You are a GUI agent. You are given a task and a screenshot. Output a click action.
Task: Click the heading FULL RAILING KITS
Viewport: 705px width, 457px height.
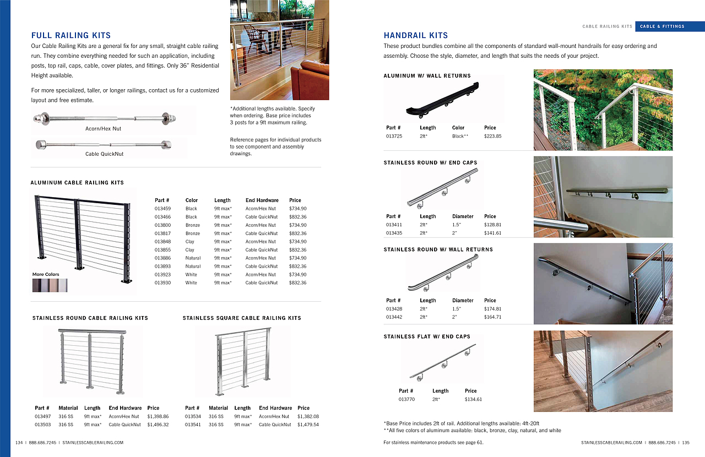click(71, 35)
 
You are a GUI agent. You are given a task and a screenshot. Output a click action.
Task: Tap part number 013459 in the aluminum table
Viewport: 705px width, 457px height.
click(162, 209)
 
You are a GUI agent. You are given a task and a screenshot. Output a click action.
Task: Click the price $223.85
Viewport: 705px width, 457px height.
click(492, 136)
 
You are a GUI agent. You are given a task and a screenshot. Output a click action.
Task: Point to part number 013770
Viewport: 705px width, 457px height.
click(406, 399)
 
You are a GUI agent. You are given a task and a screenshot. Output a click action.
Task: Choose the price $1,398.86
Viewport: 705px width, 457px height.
click(158, 417)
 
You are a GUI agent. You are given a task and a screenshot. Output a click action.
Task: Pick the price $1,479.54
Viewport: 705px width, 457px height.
click(308, 425)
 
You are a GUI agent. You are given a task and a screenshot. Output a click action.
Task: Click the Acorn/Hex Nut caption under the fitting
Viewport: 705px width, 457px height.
click(103, 129)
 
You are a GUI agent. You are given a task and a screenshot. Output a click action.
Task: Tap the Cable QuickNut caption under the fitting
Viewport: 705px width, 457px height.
click(104, 154)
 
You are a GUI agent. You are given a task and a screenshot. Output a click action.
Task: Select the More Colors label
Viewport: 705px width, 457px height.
click(46, 274)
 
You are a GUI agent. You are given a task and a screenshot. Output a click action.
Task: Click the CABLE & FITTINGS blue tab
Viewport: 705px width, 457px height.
click(662, 26)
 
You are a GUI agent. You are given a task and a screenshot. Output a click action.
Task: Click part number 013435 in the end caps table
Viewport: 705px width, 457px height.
click(394, 233)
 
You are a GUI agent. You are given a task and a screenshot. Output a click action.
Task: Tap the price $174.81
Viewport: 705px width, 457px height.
click(492, 309)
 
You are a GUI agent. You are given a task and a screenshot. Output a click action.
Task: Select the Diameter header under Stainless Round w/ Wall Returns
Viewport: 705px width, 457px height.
click(463, 301)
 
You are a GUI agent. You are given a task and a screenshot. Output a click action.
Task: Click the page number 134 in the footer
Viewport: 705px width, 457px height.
click(19, 442)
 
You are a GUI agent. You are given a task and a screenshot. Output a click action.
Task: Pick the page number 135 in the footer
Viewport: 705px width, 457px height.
click(686, 442)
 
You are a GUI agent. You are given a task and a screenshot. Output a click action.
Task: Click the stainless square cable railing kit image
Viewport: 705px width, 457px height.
click(243, 361)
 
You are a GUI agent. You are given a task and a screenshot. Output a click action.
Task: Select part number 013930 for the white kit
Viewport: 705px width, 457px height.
click(162, 283)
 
